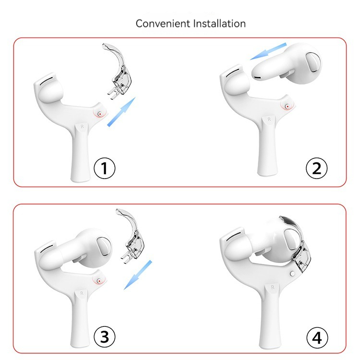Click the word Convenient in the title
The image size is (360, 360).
tap(163, 24)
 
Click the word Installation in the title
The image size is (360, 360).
tap(219, 24)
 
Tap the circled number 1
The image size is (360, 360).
tap(105, 168)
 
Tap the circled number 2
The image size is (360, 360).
tap(317, 168)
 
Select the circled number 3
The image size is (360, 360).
tap(105, 337)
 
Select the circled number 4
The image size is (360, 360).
tap(317, 338)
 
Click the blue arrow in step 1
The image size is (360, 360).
tap(122, 111)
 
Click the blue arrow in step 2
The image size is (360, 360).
tap(268, 51)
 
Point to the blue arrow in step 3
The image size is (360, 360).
tap(138, 275)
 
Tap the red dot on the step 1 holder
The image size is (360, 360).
tap(100, 114)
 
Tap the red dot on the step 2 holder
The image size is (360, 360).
tap(287, 106)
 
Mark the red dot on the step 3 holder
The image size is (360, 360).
tap(99, 281)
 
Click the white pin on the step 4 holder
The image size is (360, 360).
tap(292, 274)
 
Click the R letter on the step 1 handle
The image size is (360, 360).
tap(82, 127)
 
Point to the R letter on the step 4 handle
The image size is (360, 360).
tap(273, 287)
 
